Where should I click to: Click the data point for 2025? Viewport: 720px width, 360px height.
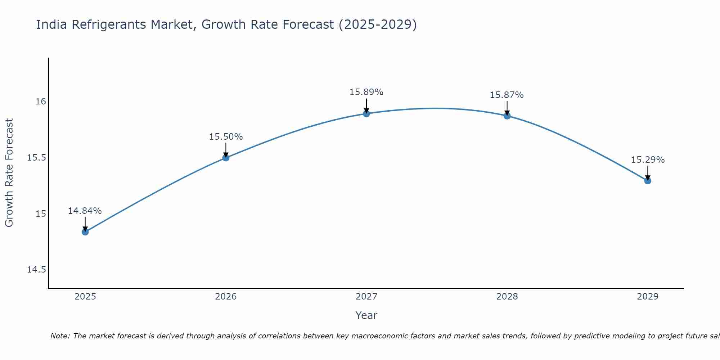[x=85, y=232]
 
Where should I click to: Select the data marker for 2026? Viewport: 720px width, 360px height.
[x=226, y=158]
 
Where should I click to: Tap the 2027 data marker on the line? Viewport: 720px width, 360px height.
[x=366, y=114]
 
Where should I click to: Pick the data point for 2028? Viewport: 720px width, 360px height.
[x=507, y=116]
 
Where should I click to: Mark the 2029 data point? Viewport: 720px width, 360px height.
[x=648, y=181]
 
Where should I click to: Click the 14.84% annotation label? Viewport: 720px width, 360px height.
[x=85, y=211]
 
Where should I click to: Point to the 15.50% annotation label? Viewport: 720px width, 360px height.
[x=226, y=137]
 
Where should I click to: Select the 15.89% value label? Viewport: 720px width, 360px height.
[x=366, y=92]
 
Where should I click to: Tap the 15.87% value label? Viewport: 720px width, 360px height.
[x=507, y=95]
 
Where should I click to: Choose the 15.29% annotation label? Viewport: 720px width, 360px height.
[x=648, y=160]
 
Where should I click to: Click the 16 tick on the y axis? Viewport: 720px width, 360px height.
[x=41, y=102]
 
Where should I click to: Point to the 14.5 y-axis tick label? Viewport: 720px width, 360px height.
[x=37, y=270]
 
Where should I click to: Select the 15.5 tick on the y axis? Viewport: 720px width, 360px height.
[x=37, y=158]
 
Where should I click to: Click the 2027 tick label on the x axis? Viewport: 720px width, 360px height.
[x=366, y=297]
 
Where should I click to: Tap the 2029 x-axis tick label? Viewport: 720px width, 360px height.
[x=648, y=297]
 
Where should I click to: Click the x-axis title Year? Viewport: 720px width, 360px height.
[x=366, y=315]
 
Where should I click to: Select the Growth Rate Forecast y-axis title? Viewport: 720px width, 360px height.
[x=9, y=172]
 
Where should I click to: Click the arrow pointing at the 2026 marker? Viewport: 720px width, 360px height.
[x=226, y=149]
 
